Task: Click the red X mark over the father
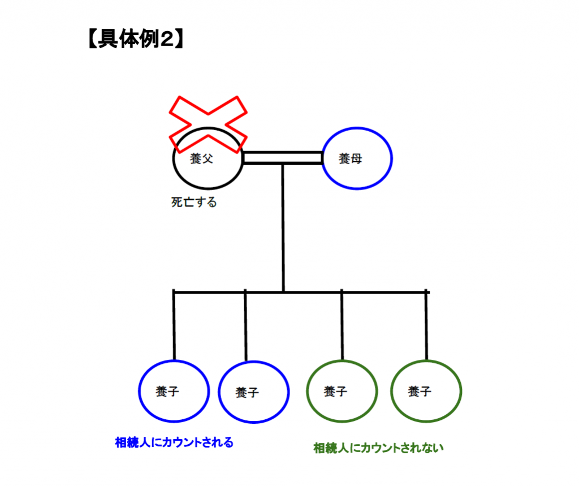(x=209, y=123)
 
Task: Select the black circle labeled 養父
(x=208, y=173)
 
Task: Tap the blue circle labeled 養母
(x=357, y=158)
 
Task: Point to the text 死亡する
(x=194, y=202)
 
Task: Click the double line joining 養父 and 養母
(x=282, y=158)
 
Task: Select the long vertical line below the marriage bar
(x=283, y=226)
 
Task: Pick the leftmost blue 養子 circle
(x=174, y=391)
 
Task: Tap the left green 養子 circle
(x=342, y=391)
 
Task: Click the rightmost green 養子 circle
(x=426, y=391)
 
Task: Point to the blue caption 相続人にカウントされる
(x=174, y=442)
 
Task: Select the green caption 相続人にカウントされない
(x=378, y=448)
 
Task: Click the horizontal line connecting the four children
(x=300, y=292)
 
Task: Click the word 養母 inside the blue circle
(x=350, y=159)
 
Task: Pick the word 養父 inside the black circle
(x=201, y=160)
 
